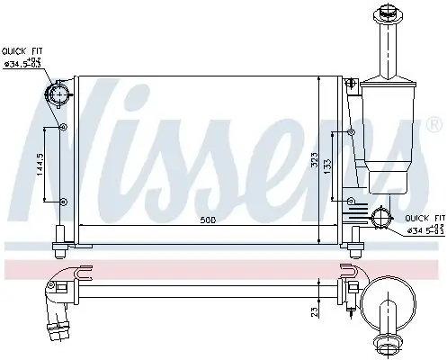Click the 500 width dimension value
[208, 220]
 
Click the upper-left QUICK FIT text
[22, 52]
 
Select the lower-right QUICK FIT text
[425, 218]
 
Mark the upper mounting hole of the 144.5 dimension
[63, 127]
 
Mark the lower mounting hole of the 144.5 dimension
[63, 200]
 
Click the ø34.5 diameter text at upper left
[22, 64]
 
